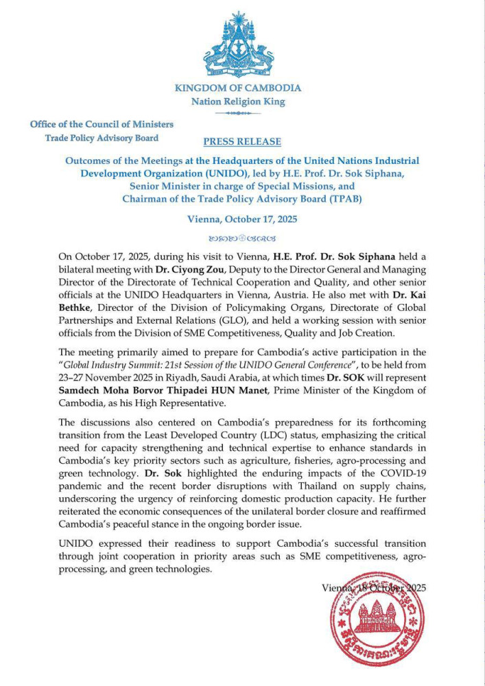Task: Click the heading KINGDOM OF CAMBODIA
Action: point(238,88)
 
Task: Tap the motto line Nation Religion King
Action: point(238,102)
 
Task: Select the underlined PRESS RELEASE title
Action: point(242,141)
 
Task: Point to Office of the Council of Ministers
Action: point(102,124)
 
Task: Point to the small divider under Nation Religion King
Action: point(238,113)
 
